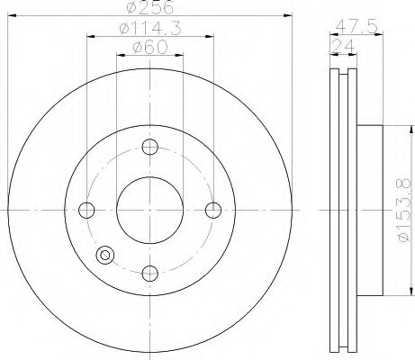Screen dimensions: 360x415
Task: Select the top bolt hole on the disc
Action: click(151, 148)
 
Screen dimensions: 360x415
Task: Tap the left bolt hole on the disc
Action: click(87, 210)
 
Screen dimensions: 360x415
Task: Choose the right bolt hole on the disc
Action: click(214, 210)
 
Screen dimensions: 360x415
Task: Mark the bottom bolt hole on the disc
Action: click(151, 273)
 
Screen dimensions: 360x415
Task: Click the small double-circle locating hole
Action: click(106, 255)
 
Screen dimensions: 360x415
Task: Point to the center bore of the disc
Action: click(151, 210)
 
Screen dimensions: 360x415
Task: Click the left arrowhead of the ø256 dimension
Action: click(12, 15)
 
